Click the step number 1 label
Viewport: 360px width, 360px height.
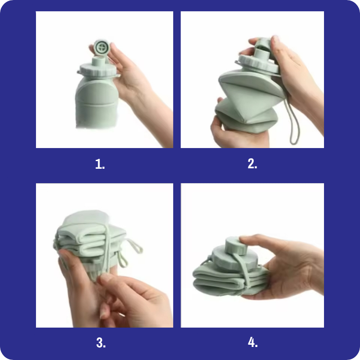(x=100, y=164)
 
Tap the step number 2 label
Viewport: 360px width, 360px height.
(x=252, y=164)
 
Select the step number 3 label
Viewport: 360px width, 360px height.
(x=101, y=342)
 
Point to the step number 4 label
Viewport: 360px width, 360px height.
(x=252, y=342)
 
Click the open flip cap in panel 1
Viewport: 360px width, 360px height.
(x=102, y=48)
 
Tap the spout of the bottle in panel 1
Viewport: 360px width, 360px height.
(x=99, y=62)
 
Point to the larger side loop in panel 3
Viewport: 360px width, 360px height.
(x=134, y=246)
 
